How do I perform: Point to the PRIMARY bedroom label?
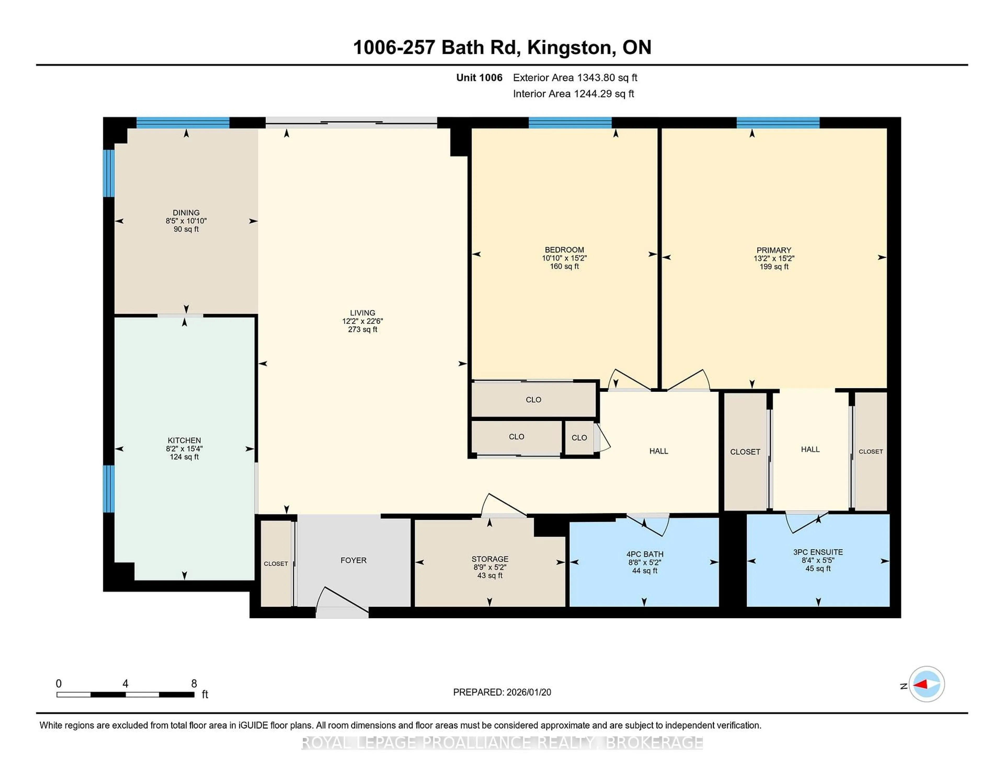pos(774,250)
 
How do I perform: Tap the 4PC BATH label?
pos(644,554)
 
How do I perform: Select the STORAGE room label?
pos(490,559)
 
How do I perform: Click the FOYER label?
pos(353,560)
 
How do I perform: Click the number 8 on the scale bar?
pos(194,684)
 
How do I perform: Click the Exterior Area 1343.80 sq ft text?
pos(575,78)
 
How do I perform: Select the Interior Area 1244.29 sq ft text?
pos(573,94)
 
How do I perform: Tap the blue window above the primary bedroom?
pos(778,123)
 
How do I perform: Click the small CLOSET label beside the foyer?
pos(276,564)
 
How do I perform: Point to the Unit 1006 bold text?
pos(479,78)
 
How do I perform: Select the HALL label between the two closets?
pos(810,449)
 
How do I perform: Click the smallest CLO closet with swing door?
pos(579,438)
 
